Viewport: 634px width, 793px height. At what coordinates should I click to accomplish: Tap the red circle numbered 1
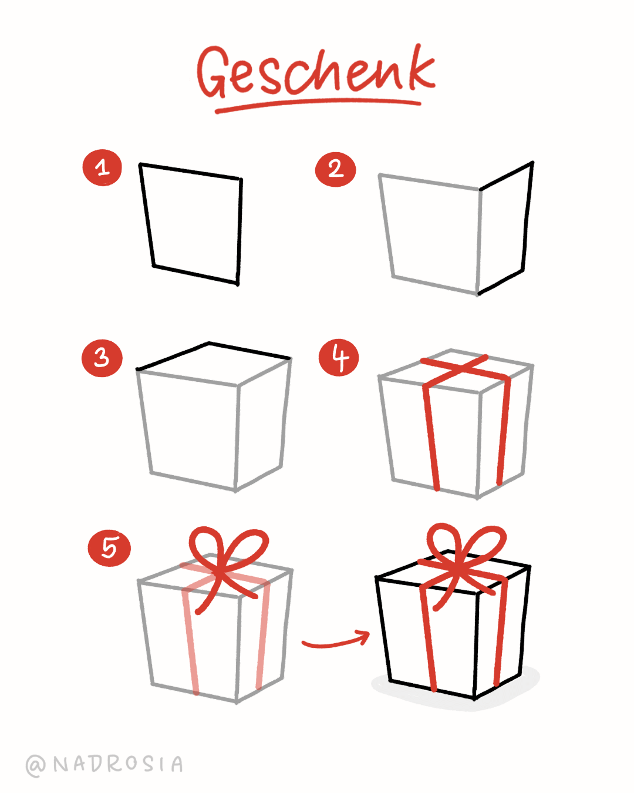point(102,167)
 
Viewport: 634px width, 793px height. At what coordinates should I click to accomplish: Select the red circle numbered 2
point(335,169)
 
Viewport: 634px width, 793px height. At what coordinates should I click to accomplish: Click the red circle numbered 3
point(102,358)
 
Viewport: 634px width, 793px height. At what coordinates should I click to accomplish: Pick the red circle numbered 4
point(339,357)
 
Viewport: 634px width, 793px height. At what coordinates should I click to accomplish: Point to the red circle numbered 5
point(109,548)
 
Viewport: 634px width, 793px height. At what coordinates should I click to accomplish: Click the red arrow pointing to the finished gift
point(336,641)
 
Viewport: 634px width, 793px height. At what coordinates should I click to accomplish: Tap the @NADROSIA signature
point(104,765)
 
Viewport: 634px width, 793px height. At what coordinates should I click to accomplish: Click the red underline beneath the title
point(317,105)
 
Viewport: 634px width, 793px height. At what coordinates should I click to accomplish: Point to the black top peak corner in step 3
point(209,343)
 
